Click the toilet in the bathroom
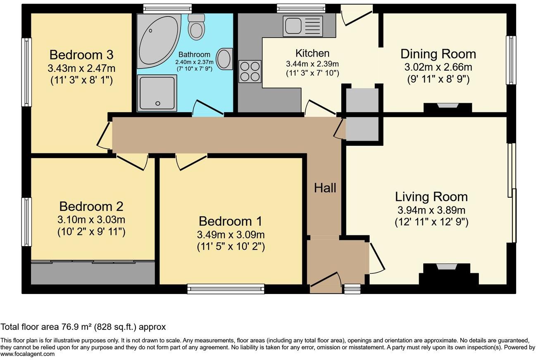point(196,27)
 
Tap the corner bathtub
point(159,41)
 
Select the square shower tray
point(157,93)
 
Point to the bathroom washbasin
point(224,59)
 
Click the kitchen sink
point(302,26)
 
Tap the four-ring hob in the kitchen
point(250,71)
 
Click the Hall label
point(325,188)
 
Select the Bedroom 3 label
point(81,55)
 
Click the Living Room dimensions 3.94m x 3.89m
point(431,210)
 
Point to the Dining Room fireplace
point(448,107)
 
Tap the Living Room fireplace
point(449,274)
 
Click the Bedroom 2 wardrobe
point(93,272)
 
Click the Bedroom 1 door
point(191,163)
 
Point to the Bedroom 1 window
point(226,289)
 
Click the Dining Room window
point(511,60)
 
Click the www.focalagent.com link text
point(27,354)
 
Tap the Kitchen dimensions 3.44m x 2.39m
point(312,64)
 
